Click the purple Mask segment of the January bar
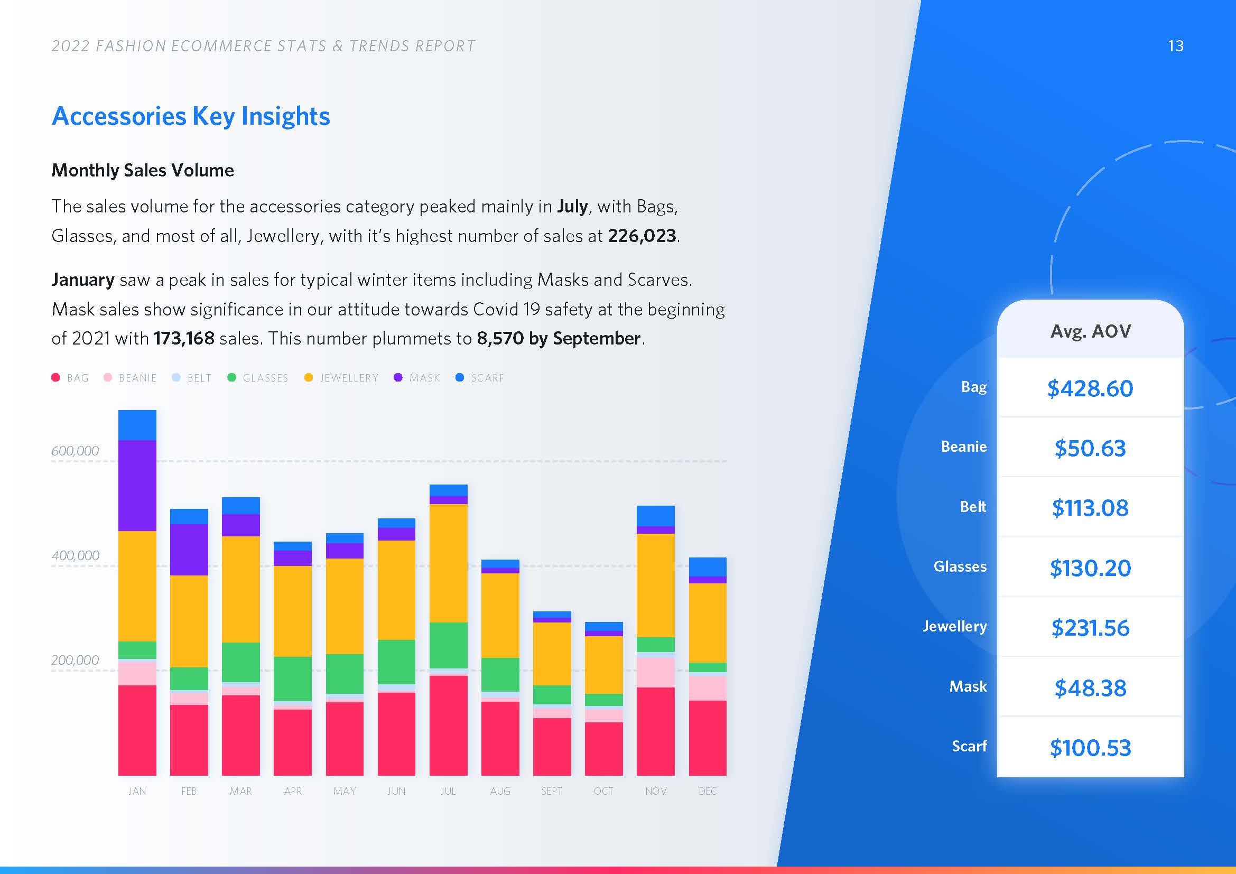(x=137, y=486)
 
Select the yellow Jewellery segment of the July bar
(x=448, y=563)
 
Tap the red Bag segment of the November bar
(x=655, y=731)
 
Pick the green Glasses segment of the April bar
(x=292, y=678)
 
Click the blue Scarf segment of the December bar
(x=708, y=566)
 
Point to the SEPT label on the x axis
(x=552, y=791)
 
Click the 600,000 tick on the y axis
(x=75, y=451)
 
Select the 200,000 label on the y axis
(x=75, y=661)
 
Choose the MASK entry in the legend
(x=418, y=378)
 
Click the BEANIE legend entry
(x=131, y=378)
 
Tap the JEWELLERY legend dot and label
(x=342, y=378)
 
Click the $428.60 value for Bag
(x=1090, y=388)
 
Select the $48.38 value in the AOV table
(x=1090, y=688)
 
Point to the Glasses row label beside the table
(x=960, y=566)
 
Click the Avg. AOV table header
(x=1090, y=331)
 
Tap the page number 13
(x=1175, y=47)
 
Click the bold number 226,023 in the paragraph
(x=642, y=236)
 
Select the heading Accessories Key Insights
(x=191, y=116)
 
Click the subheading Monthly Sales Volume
(x=143, y=170)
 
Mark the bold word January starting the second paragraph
(x=83, y=280)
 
